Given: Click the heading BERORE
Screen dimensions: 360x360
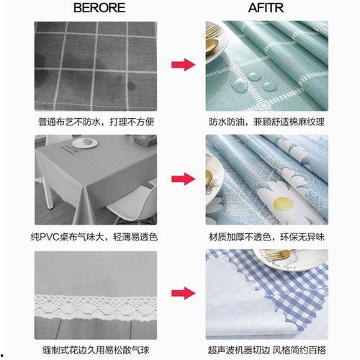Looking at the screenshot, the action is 99,8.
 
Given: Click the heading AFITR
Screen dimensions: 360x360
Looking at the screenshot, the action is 266,8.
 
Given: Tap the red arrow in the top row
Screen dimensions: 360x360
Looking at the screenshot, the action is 183,65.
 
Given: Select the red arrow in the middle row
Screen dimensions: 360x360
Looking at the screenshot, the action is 183,179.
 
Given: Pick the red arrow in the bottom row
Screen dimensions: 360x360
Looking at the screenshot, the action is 183,293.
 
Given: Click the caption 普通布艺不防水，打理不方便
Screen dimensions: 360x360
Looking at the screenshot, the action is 96,122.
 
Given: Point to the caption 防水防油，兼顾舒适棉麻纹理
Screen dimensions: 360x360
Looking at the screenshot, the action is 266,122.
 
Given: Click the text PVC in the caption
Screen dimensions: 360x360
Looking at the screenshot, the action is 49,237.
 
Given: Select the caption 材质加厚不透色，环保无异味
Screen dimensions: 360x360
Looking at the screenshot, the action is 266,237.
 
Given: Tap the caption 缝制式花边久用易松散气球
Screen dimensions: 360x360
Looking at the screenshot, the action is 96,350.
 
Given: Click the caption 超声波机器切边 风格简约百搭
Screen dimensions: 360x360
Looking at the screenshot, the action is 266,350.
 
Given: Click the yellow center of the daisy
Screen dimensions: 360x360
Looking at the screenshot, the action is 284,204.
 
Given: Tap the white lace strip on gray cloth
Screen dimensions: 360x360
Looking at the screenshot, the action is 96,307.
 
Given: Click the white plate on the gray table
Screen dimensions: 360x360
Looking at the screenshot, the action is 85,143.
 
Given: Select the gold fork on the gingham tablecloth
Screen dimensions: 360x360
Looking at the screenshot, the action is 279,255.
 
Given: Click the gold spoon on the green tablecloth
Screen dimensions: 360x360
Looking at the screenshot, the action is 212,44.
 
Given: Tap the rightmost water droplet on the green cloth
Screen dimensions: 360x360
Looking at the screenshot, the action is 269,86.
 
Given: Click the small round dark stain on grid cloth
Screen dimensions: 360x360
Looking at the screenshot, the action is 131,86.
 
